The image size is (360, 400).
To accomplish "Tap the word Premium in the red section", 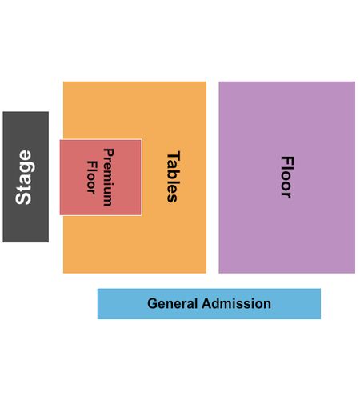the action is (x=109, y=177).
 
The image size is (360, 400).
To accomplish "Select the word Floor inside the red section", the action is (x=91, y=177).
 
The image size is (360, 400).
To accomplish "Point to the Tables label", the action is (x=174, y=177).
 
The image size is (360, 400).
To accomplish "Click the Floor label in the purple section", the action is (x=287, y=177).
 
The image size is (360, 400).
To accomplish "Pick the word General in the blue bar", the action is (x=172, y=303).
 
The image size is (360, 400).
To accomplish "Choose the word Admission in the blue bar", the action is (x=236, y=303).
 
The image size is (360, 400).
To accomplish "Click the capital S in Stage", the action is (x=23, y=198).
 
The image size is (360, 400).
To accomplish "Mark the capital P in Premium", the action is (x=109, y=153).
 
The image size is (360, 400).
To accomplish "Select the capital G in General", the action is (x=153, y=303).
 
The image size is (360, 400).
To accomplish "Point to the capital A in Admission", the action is (x=207, y=303).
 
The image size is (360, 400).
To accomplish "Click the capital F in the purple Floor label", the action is (x=287, y=161).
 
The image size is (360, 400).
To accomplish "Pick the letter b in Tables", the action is (x=174, y=177).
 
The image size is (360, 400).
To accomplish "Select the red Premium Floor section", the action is (x=101, y=177).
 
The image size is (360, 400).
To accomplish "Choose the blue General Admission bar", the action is (x=209, y=304).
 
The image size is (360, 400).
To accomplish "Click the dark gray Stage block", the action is (x=26, y=177).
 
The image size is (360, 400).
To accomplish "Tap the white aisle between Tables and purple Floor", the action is (x=213, y=177).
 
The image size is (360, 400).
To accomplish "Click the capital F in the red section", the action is (x=91, y=165).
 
